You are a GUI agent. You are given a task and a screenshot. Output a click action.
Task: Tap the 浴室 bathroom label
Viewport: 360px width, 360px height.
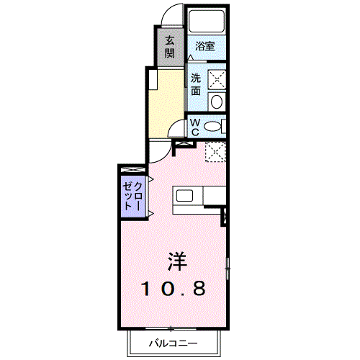(x=205, y=46)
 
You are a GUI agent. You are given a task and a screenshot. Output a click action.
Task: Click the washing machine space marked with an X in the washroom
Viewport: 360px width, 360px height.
(x=216, y=79)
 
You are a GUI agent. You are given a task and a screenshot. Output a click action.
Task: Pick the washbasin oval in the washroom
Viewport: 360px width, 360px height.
(x=216, y=101)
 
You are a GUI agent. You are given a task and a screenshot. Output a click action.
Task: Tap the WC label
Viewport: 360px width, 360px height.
(x=195, y=127)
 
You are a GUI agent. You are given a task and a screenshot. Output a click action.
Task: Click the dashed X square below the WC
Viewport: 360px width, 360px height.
(x=215, y=150)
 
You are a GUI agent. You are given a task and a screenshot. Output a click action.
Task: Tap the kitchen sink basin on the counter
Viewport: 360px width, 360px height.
(x=184, y=195)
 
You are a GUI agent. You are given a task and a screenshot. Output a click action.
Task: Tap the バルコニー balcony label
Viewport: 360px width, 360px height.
(x=173, y=343)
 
